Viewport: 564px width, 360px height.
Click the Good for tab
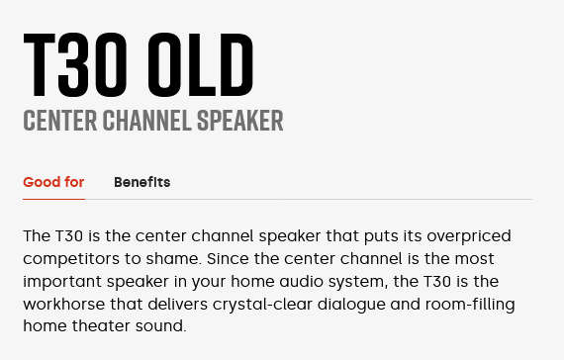point(53,182)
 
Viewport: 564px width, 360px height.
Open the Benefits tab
point(141,182)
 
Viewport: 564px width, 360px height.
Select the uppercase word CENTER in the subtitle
point(59,122)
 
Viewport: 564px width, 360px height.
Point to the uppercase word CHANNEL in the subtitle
point(148,122)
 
